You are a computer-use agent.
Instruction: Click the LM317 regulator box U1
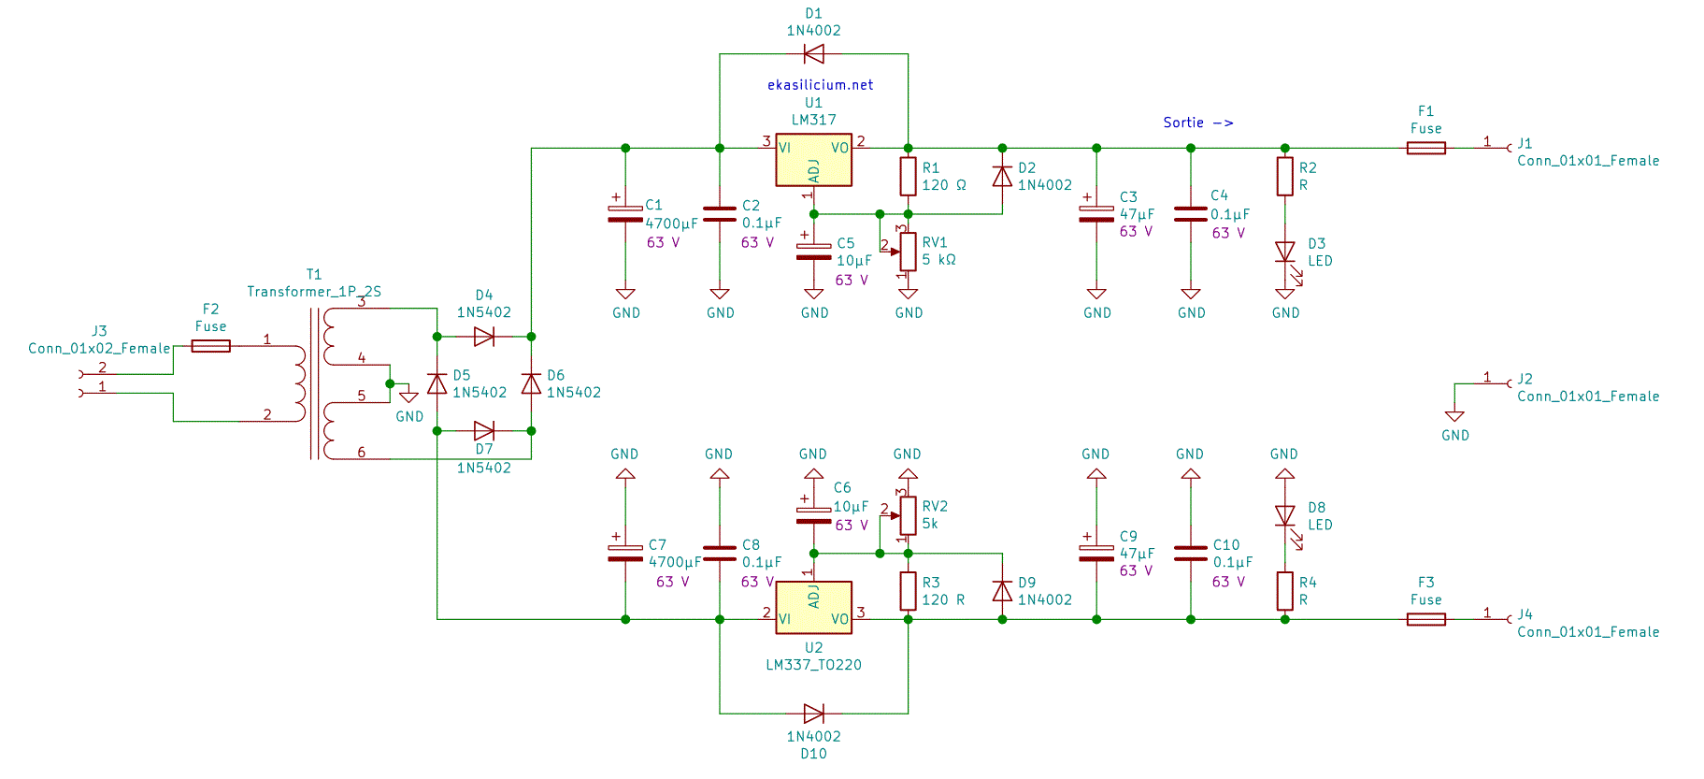(813, 160)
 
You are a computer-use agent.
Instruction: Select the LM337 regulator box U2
(813, 608)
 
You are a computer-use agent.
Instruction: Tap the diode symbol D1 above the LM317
(813, 54)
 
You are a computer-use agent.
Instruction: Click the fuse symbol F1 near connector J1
(1425, 148)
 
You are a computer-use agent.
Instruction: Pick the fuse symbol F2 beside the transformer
(210, 346)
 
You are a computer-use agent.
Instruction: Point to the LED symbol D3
(1284, 252)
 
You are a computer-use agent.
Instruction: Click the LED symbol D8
(1284, 516)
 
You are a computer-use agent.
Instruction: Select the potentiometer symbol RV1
(908, 252)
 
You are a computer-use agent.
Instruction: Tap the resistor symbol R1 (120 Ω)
(908, 176)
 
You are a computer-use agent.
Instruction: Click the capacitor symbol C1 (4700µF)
(625, 214)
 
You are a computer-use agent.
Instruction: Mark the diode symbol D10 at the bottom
(813, 714)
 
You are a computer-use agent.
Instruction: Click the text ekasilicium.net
(820, 85)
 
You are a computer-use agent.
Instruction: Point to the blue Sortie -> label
(1197, 123)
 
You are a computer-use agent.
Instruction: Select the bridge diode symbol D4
(483, 337)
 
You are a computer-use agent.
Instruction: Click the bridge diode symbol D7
(483, 431)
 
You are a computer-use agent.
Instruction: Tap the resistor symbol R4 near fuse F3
(1284, 591)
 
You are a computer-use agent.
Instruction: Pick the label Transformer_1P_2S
(314, 292)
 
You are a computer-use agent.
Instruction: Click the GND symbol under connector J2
(1453, 417)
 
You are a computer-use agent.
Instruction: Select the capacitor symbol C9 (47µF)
(1095, 553)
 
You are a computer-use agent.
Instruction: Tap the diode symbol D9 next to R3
(1002, 591)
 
